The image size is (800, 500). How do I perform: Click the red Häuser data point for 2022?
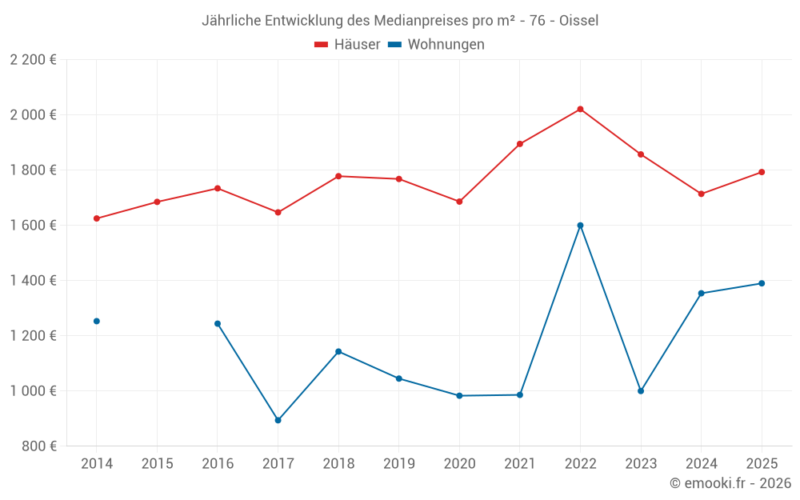[580, 109]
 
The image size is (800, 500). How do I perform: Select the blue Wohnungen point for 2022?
[580, 226]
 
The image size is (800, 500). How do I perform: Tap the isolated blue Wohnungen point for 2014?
[97, 321]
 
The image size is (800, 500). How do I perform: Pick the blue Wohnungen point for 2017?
[278, 420]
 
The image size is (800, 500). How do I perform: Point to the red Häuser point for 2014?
[97, 218]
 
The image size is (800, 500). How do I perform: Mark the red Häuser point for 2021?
[520, 144]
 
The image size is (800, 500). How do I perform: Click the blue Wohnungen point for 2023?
[641, 391]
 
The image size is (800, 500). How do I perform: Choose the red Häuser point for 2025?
[762, 172]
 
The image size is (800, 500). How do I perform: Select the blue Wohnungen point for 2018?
[338, 351]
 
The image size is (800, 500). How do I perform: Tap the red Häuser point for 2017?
[278, 212]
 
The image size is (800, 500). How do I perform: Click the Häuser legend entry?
[347, 45]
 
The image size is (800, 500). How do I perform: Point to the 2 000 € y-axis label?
[33, 114]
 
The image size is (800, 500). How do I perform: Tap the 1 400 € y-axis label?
[33, 280]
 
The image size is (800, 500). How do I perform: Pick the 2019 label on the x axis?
[398, 464]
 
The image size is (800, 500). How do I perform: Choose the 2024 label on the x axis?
[701, 464]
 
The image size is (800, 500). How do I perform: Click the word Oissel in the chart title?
[578, 20]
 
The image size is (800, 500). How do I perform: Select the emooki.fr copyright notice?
[730, 483]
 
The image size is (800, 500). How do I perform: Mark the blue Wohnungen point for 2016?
[218, 324]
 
